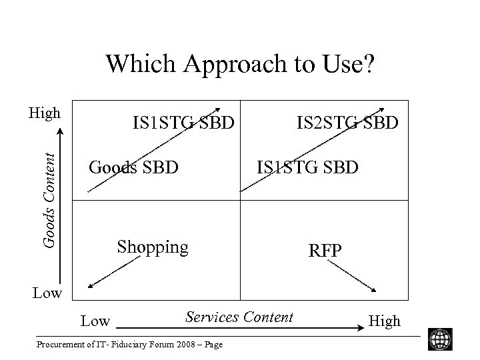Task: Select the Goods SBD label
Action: (133, 167)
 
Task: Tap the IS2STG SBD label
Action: (348, 123)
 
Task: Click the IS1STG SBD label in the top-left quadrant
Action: (183, 123)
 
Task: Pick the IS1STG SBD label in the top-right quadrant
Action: (307, 167)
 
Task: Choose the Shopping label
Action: (153, 247)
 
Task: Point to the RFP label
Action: (325, 251)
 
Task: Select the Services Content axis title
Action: (239, 317)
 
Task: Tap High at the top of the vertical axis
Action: (44, 113)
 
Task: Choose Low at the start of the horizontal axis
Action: (95, 321)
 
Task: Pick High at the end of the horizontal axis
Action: (385, 321)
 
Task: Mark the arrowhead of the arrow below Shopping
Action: (91, 287)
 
